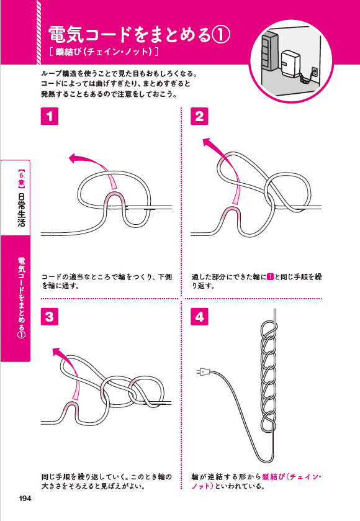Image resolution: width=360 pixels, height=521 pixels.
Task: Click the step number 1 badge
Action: [50, 116]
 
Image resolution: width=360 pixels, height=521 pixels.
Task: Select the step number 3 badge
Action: [50, 316]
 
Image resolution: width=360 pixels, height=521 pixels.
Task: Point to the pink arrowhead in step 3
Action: [58, 353]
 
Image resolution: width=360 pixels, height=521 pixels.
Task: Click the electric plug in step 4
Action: [202, 373]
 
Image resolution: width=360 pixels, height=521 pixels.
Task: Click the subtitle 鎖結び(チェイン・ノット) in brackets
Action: [105, 51]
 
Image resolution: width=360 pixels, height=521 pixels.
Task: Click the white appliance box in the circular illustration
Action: [290, 64]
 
